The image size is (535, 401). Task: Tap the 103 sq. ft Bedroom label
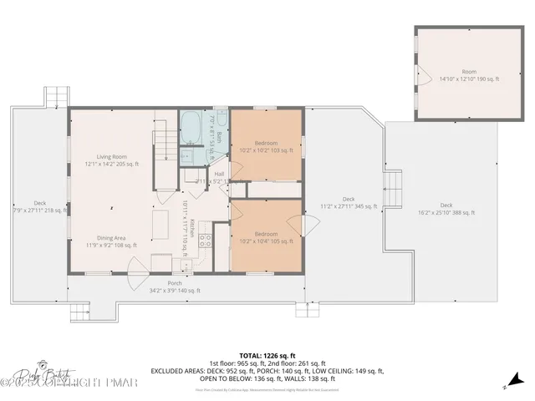click(x=266, y=145)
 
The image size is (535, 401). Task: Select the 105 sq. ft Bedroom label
click(x=266, y=237)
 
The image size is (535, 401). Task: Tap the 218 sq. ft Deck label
click(x=40, y=206)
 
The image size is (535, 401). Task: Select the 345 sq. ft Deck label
click(x=349, y=201)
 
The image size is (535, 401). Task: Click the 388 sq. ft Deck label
click(x=446, y=209)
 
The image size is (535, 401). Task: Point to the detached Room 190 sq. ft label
click(x=469, y=76)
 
